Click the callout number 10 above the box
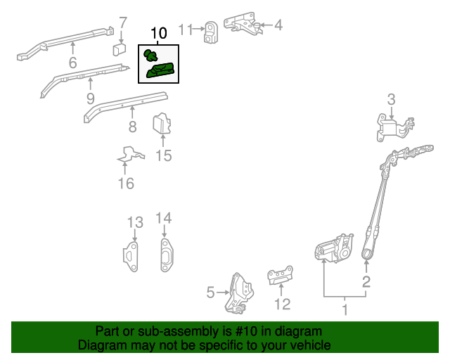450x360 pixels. tap(159, 33)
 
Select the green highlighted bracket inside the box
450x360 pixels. tap(160, 70)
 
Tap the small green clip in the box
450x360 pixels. tap(150, 55)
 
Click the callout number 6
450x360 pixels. tap(72, 64)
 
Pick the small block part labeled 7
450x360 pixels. tap(119, 49)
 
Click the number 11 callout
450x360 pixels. tap(186, 29)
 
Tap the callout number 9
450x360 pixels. tap(91, 98)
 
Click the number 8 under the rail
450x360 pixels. tap(131, 127)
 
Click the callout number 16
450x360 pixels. tap(125, 184)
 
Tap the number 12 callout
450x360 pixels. tap(281, 304)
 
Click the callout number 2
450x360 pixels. tap(366, 283)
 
